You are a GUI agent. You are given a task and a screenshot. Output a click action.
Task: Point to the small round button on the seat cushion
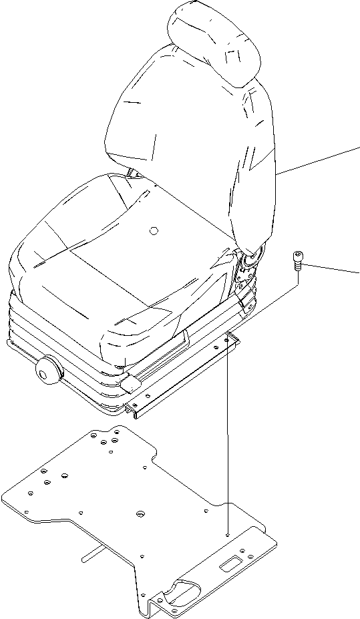(153, 231)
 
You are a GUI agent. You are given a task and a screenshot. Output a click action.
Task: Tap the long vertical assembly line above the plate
(228, 434)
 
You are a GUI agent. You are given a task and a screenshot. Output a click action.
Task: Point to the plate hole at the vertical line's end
(228, 535)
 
